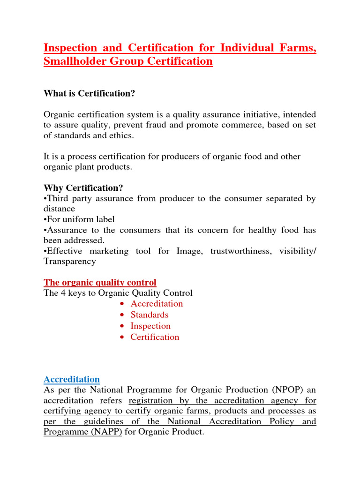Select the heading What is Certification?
coord(89,94)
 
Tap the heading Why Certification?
coord(83,188)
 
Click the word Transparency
coord(70,262)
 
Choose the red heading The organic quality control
coord(100,283)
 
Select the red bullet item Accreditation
coord(157,304)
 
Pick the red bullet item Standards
coord(149,315)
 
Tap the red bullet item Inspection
coord(150,326)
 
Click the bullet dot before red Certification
coord(122,337)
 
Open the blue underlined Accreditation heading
coord(72,379)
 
